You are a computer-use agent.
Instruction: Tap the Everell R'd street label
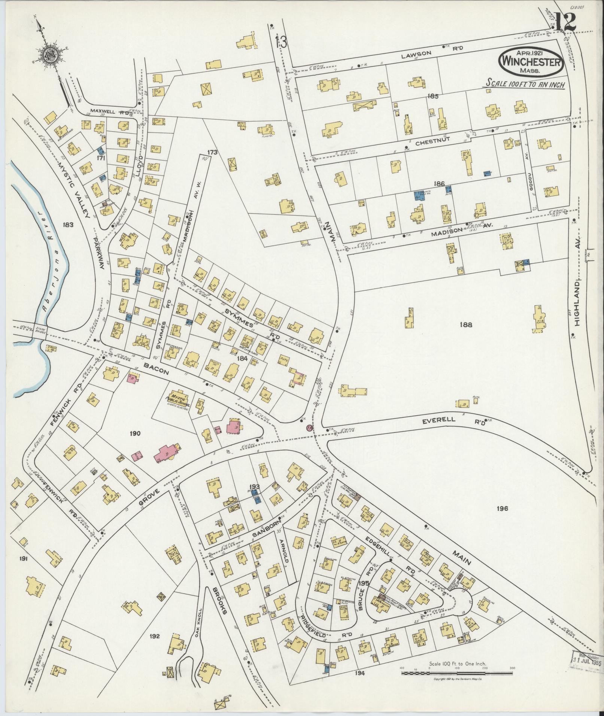pos(453,420)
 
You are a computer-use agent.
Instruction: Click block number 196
pos(502,508)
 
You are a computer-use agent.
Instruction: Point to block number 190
pos(135,434)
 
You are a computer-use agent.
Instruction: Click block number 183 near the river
pos(69,225)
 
